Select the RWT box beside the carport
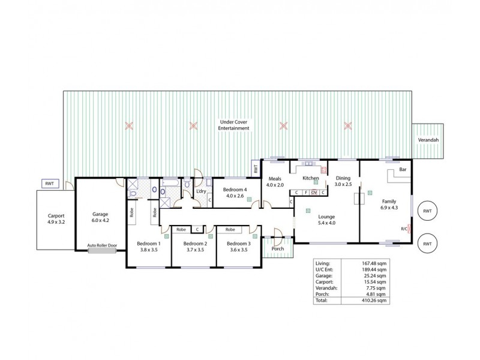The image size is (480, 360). tap(49, 184)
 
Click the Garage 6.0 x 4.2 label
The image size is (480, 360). tap(100, 217)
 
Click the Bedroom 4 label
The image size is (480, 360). tap(231, 192)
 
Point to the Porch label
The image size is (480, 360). tap(278, 248)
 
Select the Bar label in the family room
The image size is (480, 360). tap(403, 170)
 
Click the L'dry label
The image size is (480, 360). tap(202, 191)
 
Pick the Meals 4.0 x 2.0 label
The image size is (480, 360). tap(275, 181)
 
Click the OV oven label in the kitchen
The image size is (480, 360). tap(314, 193)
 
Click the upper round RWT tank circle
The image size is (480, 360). tap(427, 211)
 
